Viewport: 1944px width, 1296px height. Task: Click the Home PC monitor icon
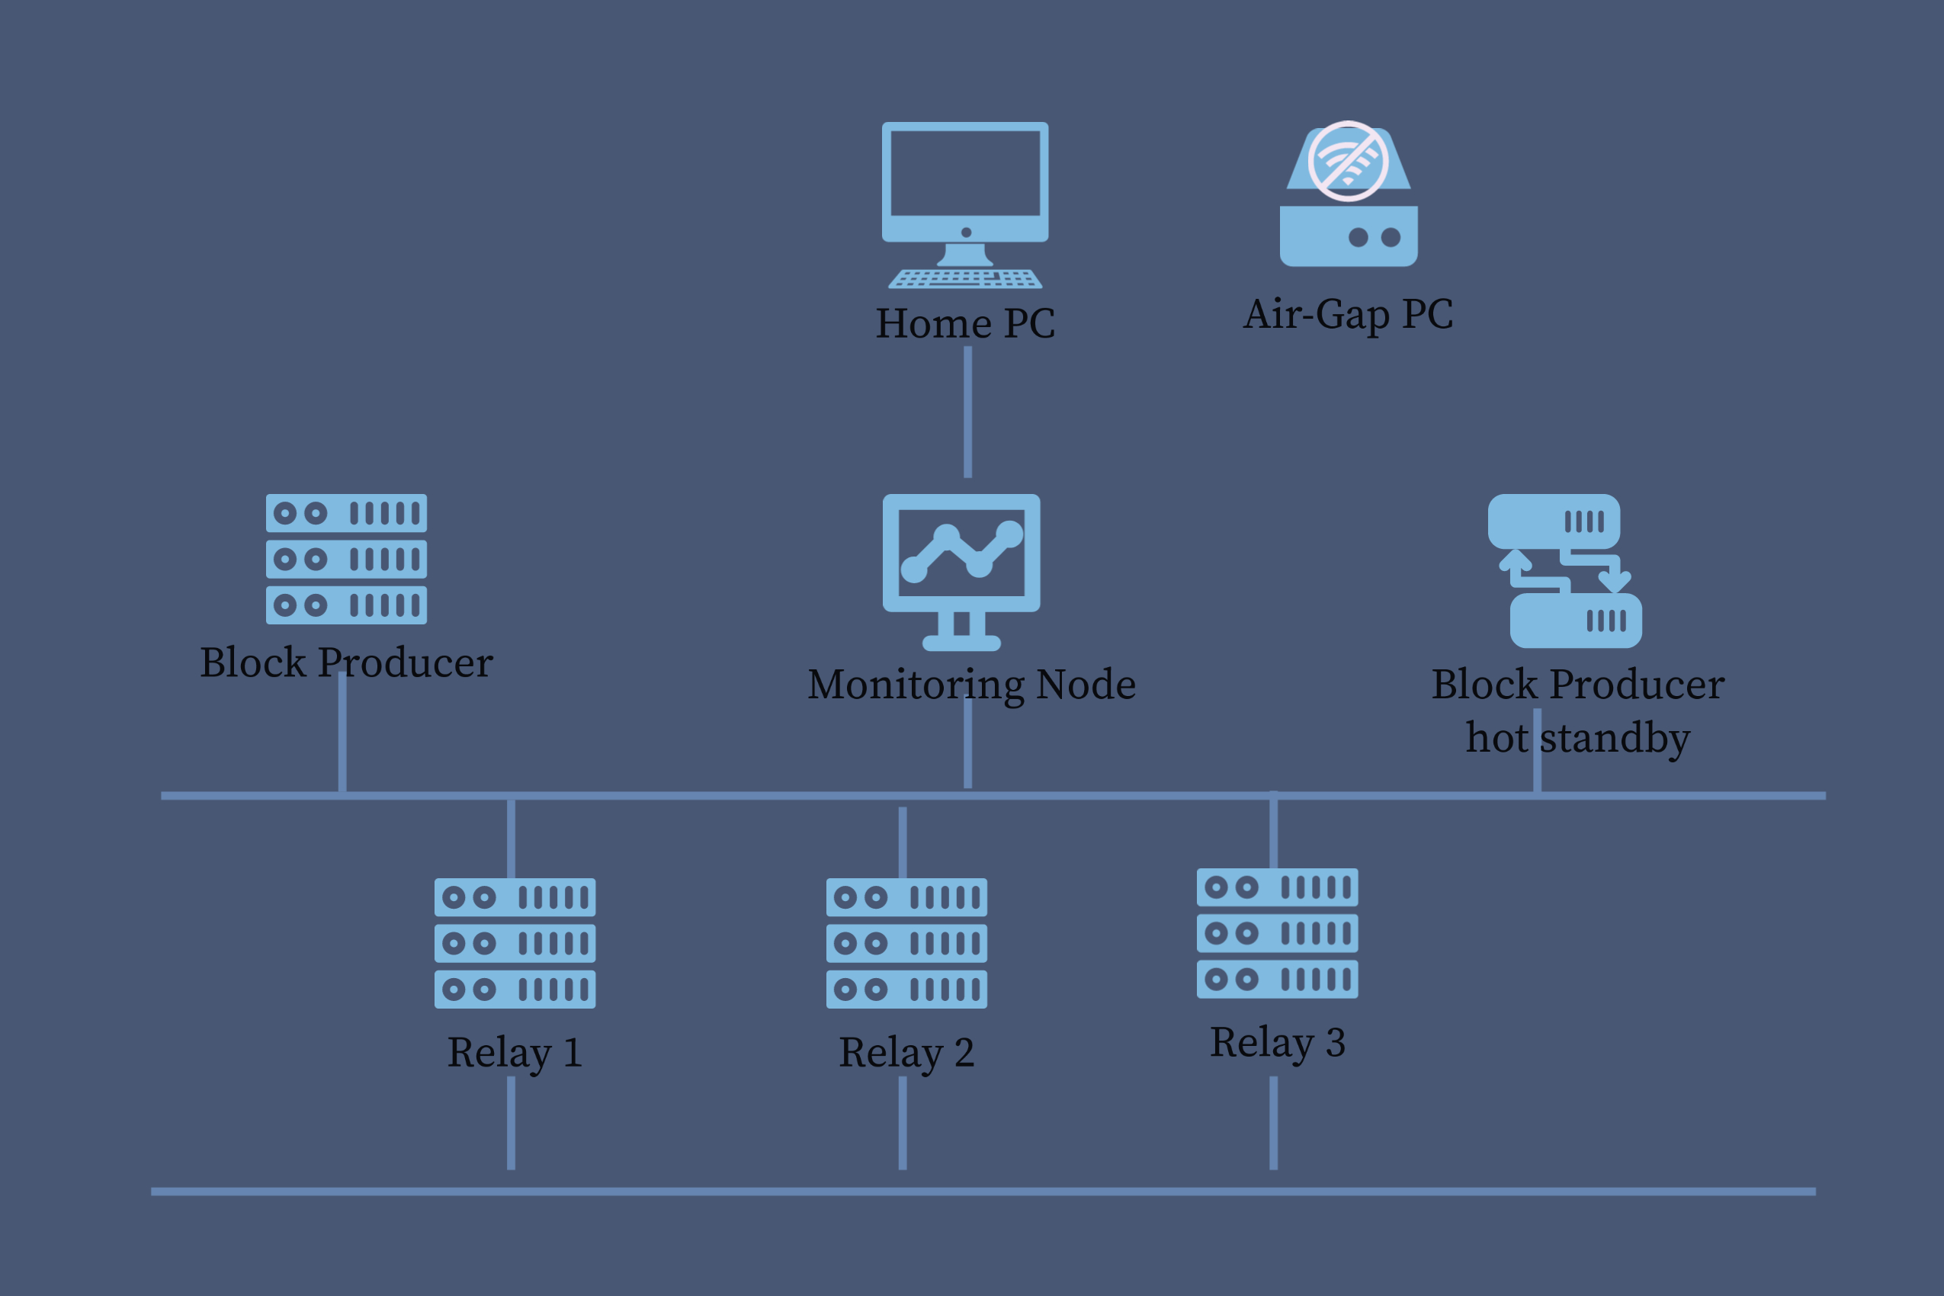click(x=964, y=182)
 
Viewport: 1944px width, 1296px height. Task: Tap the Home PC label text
click(x=965, y=323)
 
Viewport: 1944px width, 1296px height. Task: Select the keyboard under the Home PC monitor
click(x=964, y=278)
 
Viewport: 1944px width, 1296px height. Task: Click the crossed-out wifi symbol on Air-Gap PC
click(x=1348, y=161)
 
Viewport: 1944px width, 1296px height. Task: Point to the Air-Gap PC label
click(x=1348, y=314)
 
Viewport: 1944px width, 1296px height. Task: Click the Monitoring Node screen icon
click(x=961, y=553)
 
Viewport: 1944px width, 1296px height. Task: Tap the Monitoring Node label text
click(x=971, y=685)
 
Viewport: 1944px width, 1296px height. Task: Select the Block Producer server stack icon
click(x=346, y=559)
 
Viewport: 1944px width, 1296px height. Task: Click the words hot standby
click(x=1578, y=737)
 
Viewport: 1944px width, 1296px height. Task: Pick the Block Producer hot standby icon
click(x=1564, y=570)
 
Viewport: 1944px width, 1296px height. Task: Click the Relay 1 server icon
click(x=515, y=943)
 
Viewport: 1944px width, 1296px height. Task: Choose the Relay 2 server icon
click(x=906, y=943)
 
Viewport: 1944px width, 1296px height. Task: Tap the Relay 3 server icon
click(x=1277, y=933)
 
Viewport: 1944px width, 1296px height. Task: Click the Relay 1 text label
click(x=515, y=1052)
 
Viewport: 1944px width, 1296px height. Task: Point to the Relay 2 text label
click(x=906, y=1052)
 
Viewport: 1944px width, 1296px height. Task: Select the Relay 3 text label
click(x=1278, y=1042)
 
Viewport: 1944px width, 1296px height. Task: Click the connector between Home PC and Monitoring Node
click(x=968, y=412)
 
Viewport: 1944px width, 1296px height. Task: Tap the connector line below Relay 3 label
click(x=1274, y=1122)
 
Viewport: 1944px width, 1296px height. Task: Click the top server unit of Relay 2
click(x=906, y=897)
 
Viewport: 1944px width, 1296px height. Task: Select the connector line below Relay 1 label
click(x=511, y=1122)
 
